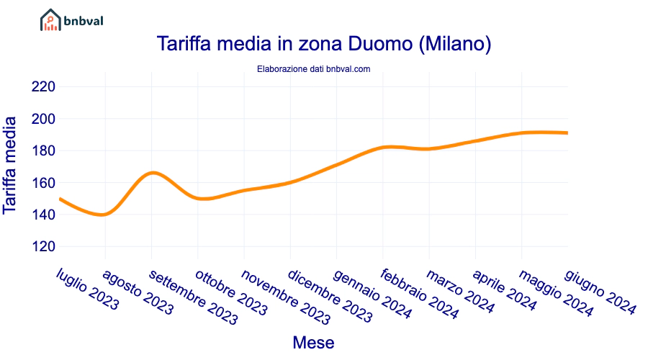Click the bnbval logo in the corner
(x=71, y=20)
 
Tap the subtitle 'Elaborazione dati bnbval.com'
(x=313, y=69)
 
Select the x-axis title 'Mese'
(x=313, y=343)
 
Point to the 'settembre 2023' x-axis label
(x=193, y=297)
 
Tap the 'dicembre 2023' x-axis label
(x=330, y=295)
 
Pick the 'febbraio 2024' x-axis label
(x=418, y=294)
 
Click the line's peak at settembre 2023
(x=152, y=173)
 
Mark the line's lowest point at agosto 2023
(x=105, y=215)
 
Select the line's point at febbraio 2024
(x=383, y=148)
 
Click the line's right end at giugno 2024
(x=567, y=132)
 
